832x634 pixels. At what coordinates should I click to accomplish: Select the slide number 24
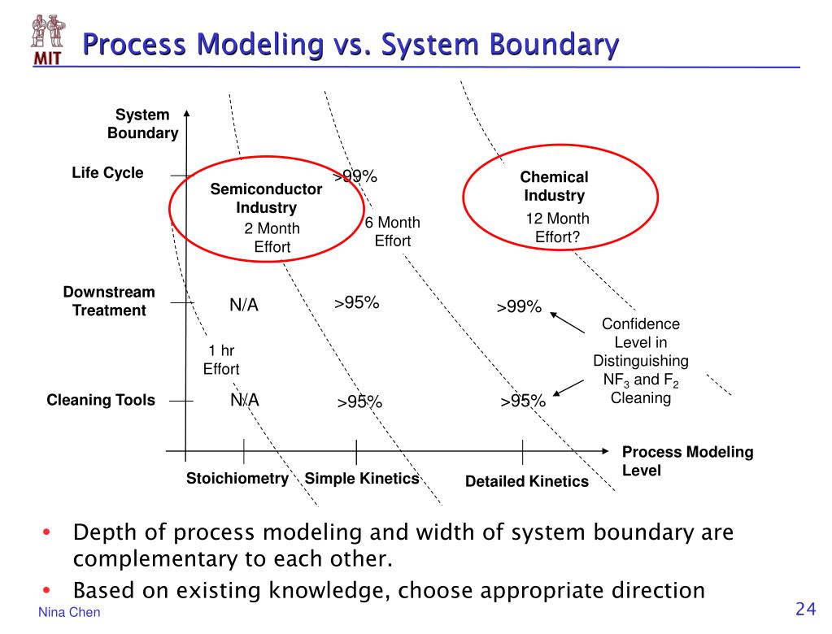point(805,610)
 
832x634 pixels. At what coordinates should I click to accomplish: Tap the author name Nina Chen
point(69,612)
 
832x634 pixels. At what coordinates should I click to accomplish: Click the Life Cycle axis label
point(107,173)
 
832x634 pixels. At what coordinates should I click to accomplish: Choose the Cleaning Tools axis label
point(101,400)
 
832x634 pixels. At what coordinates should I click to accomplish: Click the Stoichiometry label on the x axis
point(237,478)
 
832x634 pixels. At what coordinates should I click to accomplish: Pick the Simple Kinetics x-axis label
point(361,478)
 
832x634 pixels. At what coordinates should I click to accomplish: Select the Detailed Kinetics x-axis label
point(526,481)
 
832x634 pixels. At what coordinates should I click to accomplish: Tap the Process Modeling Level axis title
point(687,461)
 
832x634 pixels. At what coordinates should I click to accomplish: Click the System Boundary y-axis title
point(142,124)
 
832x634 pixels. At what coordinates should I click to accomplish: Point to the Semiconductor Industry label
point(266,198)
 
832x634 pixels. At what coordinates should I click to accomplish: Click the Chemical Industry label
point(554,186)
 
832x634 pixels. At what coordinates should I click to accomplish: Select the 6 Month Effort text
point(392,232)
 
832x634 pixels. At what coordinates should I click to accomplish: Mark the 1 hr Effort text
point(221,359)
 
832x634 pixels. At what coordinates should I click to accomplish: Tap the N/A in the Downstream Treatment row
point(243,305)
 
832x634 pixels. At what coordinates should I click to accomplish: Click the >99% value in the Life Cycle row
point(355,176)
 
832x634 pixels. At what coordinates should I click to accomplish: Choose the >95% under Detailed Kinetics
point(522,401)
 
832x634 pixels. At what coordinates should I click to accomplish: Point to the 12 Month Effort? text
point(557,228)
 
